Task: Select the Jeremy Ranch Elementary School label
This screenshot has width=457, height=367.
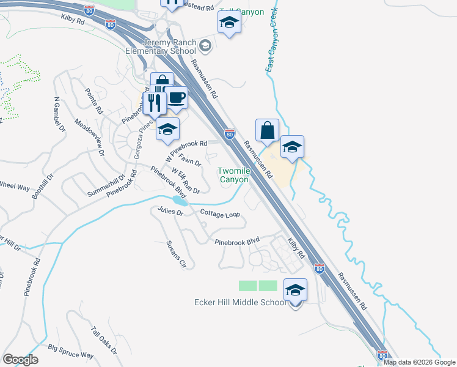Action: (x=169, y=47)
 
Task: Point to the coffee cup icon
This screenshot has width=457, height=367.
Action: (x=176, y=98)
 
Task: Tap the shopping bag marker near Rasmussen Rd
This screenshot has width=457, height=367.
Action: (x=268, y=130)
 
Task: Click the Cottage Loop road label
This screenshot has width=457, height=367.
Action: (x=219, y=214)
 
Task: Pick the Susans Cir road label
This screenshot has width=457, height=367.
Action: (x=176, y=254)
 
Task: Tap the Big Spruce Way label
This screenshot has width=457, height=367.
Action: (x=71, y=352)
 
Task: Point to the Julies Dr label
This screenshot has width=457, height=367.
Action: (x=170, y=212)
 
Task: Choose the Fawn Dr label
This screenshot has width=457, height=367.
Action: (x=190, y=162)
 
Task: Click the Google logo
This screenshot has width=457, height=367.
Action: (x=20, y=360)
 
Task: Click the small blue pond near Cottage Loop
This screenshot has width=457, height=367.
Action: (x=180, y=201)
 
